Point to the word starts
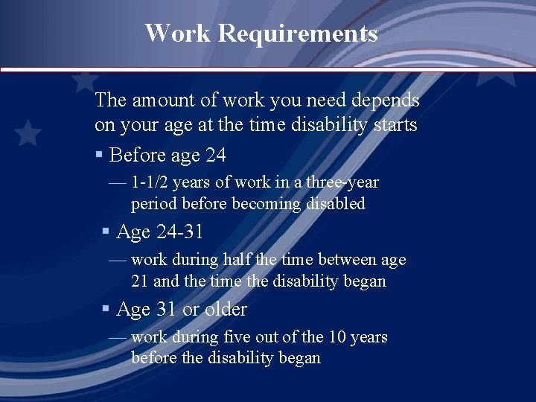[395, 125]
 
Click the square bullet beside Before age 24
[99, 155]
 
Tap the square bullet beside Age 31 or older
[106, 309]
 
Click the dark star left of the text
[28, 133]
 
